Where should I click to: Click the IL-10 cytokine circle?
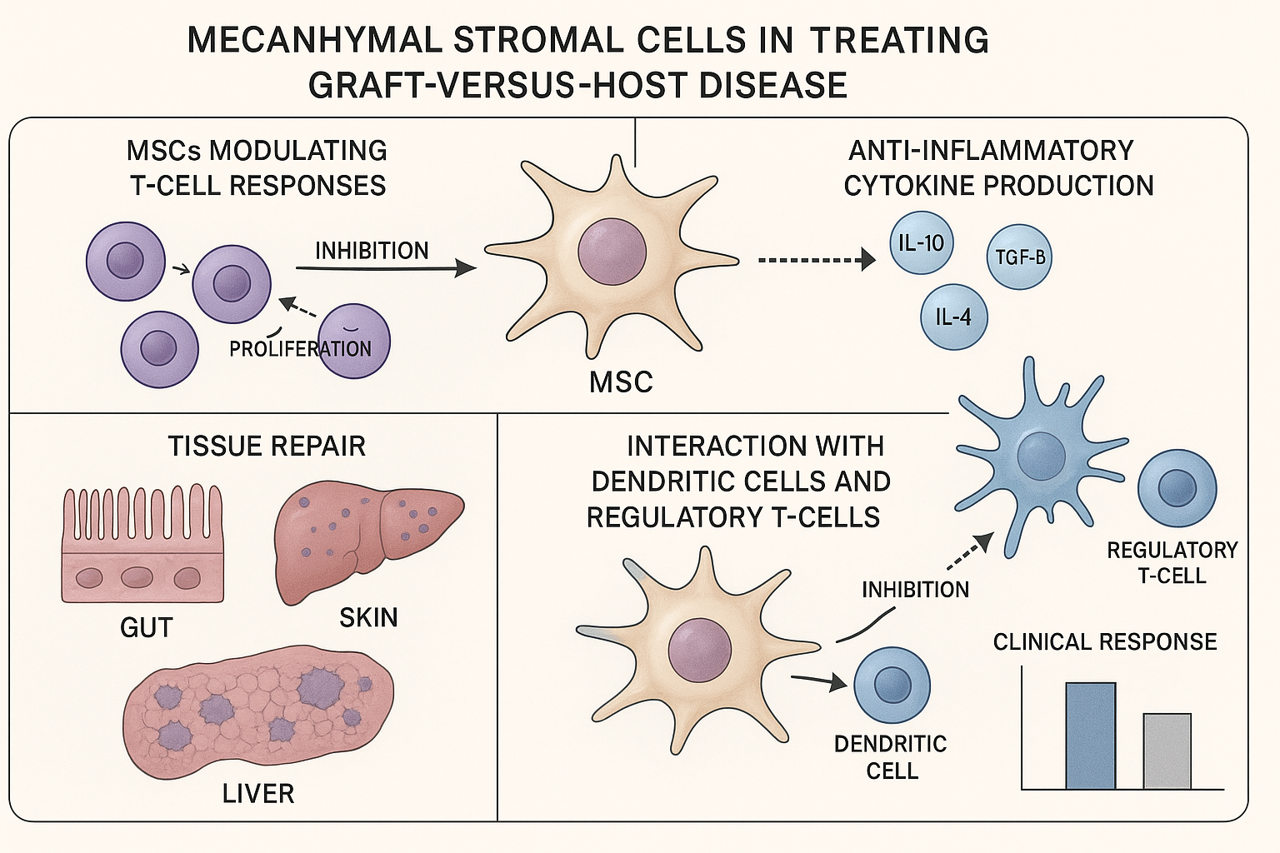[921, 243]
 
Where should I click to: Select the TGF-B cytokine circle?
[1018, 257]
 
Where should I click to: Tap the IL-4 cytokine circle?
[953, 317]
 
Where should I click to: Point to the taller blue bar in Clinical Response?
[1090, 736]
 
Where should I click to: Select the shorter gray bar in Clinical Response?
[1167, 751]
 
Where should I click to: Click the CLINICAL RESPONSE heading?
[1104, 641]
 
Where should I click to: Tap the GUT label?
[147, 627]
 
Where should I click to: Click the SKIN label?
[368, 617]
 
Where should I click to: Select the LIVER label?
[258, 793]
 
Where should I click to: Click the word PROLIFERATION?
[300, 348]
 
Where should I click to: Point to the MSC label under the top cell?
[621, 382]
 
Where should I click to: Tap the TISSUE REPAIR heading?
[267, 446]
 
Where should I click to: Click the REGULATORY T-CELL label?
[1172, 562]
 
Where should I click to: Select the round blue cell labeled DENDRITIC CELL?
[892, 685]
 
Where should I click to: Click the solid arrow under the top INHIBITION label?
[385, 268]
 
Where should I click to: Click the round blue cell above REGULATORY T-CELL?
[1177, 489]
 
